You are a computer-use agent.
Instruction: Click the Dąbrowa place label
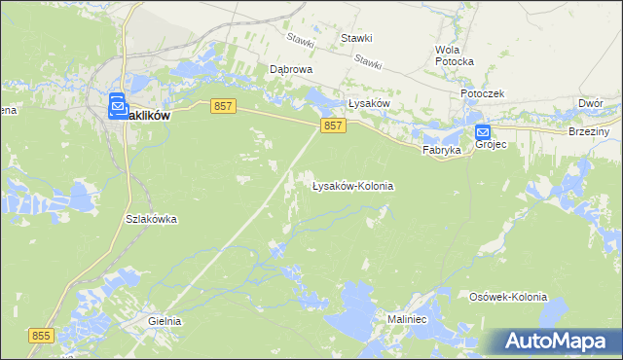[289, 70]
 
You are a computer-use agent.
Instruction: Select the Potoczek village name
[482, 93]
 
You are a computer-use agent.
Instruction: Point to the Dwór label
[590, 102]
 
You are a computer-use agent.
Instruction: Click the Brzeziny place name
[589, 131]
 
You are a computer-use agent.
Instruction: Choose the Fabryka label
[440, 151]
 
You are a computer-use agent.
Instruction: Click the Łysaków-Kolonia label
[352, 185]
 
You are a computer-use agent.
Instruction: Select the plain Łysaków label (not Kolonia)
[369, 104]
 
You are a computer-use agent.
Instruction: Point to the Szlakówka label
[151, 219]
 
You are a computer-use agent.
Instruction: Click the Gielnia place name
[165, 320]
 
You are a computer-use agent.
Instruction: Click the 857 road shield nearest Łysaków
[332, 126]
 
